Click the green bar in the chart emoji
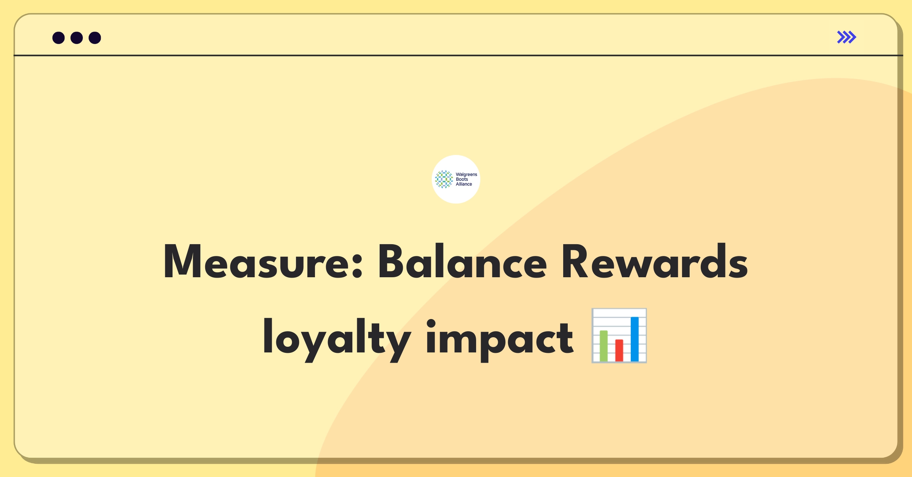pos(603,346)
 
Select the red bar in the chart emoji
pos(619,350)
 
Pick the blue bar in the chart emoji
pos(635,339)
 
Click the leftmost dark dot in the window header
pos(59,38)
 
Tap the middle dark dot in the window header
pos(77,38)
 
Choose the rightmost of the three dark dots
pos(95,38)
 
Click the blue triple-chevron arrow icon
pos(847,37)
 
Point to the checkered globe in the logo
pos(444,179)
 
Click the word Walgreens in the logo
pos(466,175)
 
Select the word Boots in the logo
pos(462,179)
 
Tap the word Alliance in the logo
pos(464,184)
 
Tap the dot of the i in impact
pos(431,324)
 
